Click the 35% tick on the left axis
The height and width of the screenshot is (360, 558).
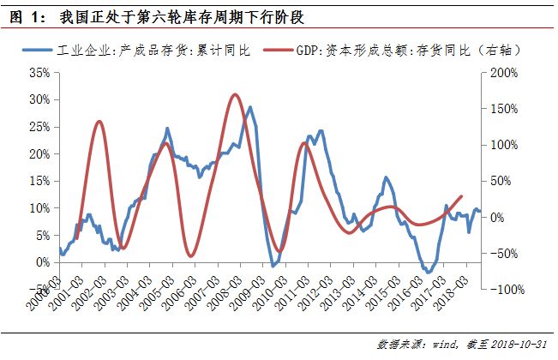(x=40, y=73)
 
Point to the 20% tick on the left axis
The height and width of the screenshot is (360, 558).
(x=40, y=154)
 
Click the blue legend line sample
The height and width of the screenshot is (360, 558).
(x=50, y=51)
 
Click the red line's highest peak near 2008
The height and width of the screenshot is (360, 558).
(x=235, y=94)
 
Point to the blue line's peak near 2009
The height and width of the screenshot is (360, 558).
(x=249, y=107)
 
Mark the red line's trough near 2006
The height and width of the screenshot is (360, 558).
(x=190, y=255)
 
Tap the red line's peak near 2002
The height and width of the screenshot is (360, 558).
(x=99, y=122)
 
